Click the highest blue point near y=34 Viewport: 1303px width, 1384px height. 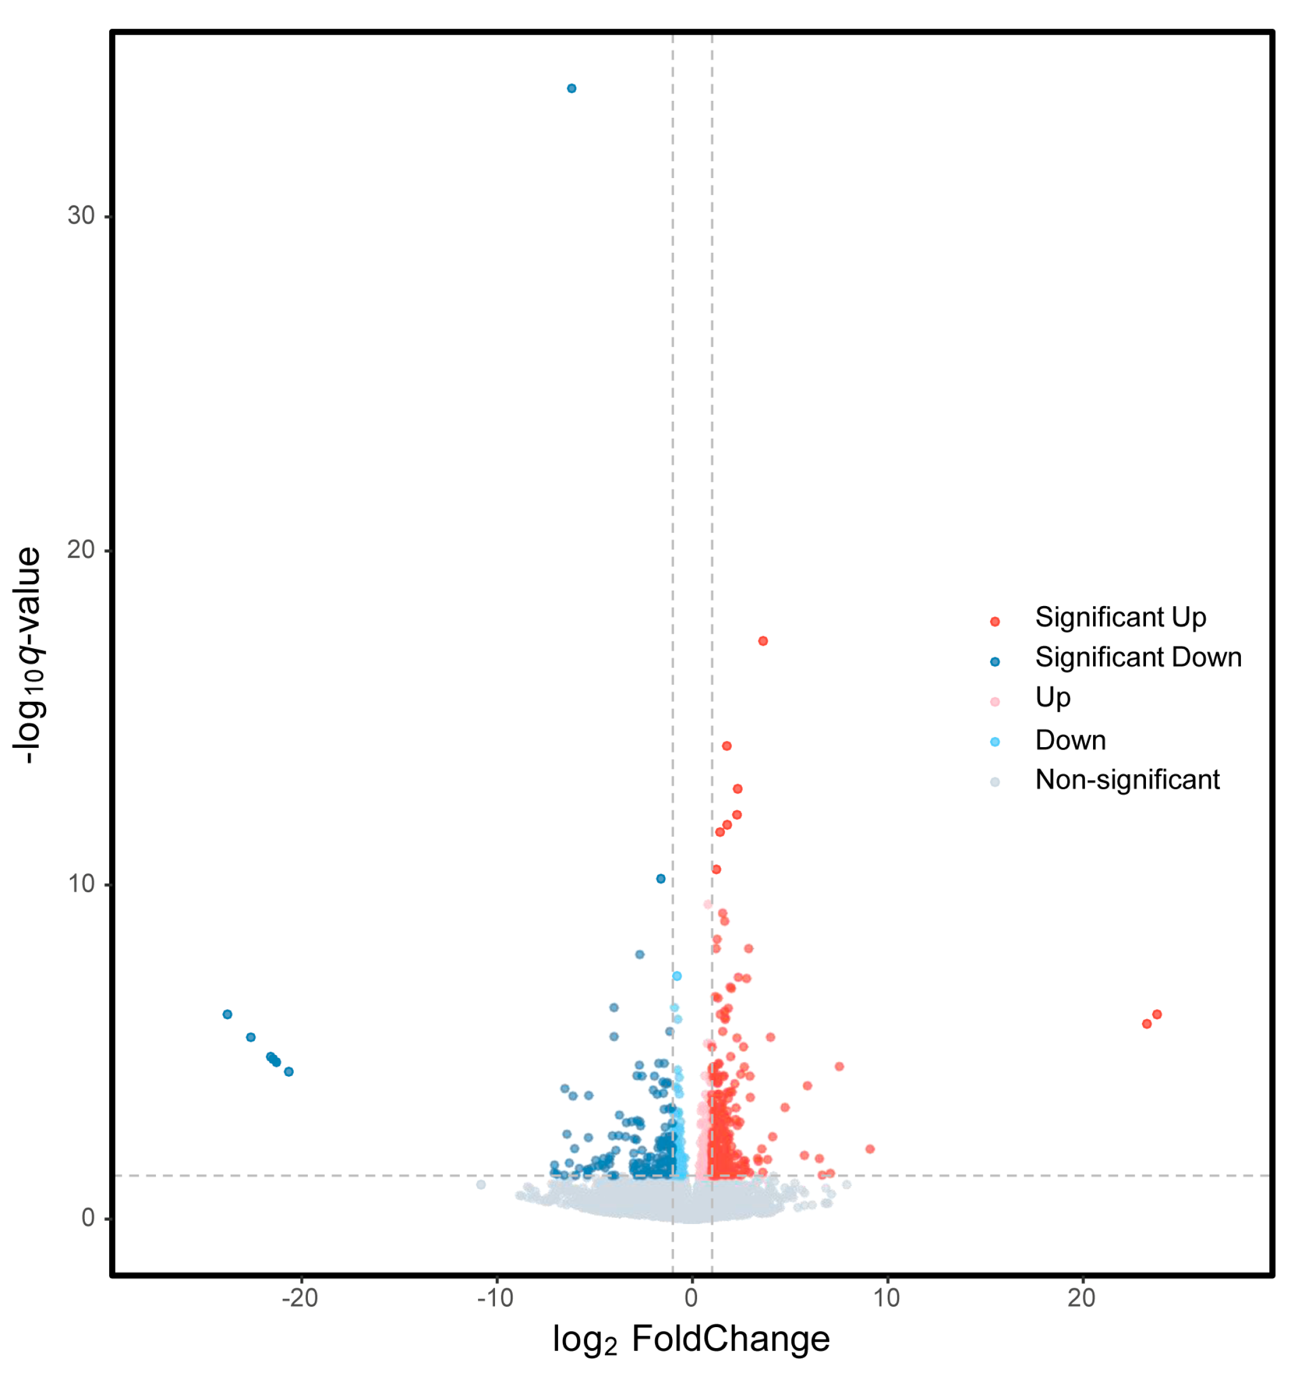[x=571, y=88]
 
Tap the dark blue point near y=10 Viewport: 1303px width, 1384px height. [x=661, y=879]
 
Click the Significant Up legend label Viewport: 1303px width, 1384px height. [x=1120, y=617]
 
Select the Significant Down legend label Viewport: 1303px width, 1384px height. [x=1138, y=657]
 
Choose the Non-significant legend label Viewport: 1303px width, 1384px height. [x=1128, y=780]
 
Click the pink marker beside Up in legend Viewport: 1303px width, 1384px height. [x=995, y=701]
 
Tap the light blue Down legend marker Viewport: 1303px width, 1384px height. [x=995, y=742]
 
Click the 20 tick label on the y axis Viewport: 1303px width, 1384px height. [x=81, y=550]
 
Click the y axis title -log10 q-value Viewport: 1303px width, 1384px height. [x=29, y=656]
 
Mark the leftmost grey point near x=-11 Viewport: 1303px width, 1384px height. [x=481, y=1184]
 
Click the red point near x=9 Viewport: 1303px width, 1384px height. [x=869, y=1149]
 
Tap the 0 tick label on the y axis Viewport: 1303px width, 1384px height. [x=88, y=1218]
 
